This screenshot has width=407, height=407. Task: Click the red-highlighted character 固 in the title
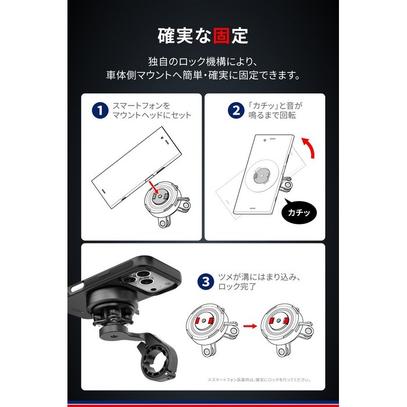[x=222, y=36]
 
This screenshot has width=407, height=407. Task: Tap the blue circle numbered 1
[x=100, y=110]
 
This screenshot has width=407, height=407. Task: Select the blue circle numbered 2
[x=236, y=110]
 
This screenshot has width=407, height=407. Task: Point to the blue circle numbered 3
[x=206, y=281]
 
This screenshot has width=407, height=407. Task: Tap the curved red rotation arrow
[x=309, y=147]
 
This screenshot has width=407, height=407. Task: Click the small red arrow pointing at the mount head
[x=153, y=187]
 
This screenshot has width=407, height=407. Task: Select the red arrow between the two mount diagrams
[x=250, y=326]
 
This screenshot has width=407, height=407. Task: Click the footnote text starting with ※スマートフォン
[x=259, y=380]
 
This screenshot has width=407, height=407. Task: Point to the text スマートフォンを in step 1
[x=141, y=106]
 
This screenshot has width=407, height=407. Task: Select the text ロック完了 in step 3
[x=237, y=287]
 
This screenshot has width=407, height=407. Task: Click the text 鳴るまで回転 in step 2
[x=272, y=115]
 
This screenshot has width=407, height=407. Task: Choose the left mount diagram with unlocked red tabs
[x=212, y=330]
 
